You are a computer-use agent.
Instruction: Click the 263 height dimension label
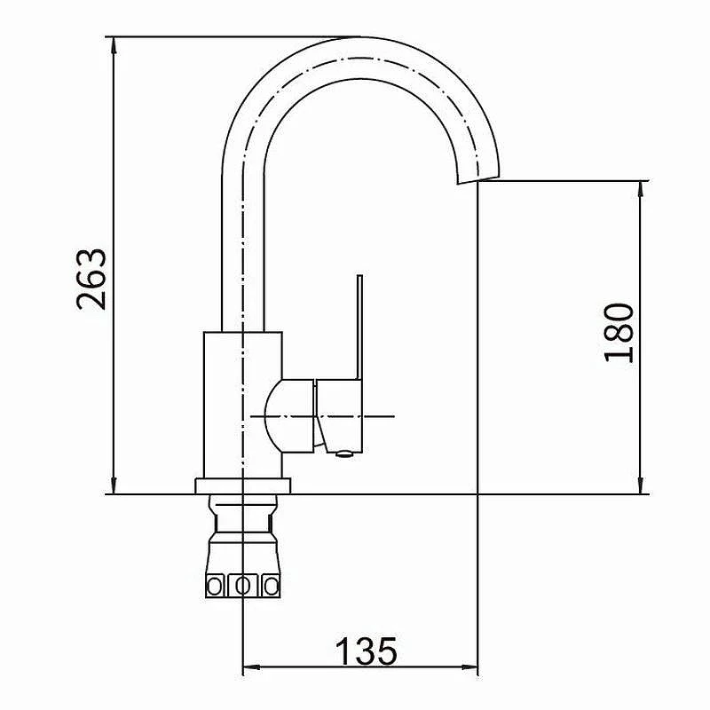tap(91, 279)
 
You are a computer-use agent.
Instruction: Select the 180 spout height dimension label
tap(619, 333)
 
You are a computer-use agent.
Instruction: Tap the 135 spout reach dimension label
tap(366, 651)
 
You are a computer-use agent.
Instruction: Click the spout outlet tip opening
tap(478, 180)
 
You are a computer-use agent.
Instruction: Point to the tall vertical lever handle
tap(359, 327)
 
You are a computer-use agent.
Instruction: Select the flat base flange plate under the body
tap(242, 485)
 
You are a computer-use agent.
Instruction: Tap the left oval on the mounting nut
tap(214, 587)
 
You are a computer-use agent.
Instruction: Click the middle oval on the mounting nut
tap(243, 587)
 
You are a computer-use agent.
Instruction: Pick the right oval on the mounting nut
tap(272, 587)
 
